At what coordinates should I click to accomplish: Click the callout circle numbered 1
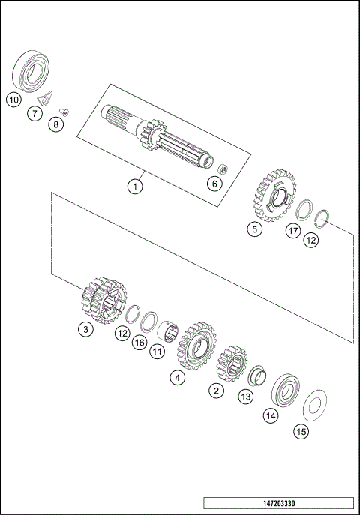134,187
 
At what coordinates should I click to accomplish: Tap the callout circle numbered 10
13,99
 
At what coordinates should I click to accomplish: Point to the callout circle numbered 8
57,124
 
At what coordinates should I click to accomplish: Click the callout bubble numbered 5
256,230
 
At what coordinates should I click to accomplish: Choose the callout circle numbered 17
293,231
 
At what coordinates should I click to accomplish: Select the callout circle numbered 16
138,343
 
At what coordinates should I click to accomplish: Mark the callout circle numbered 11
157,351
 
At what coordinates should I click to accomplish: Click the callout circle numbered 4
177,378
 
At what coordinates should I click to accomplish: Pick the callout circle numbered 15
301,431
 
